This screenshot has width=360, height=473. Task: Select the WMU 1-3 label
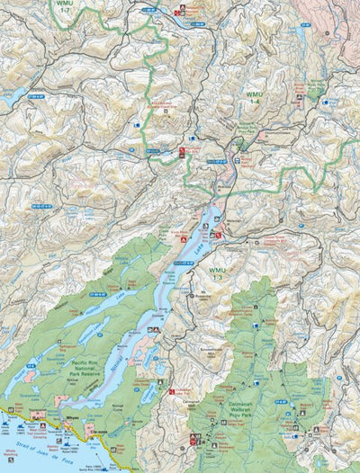[x=218, y=274]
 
